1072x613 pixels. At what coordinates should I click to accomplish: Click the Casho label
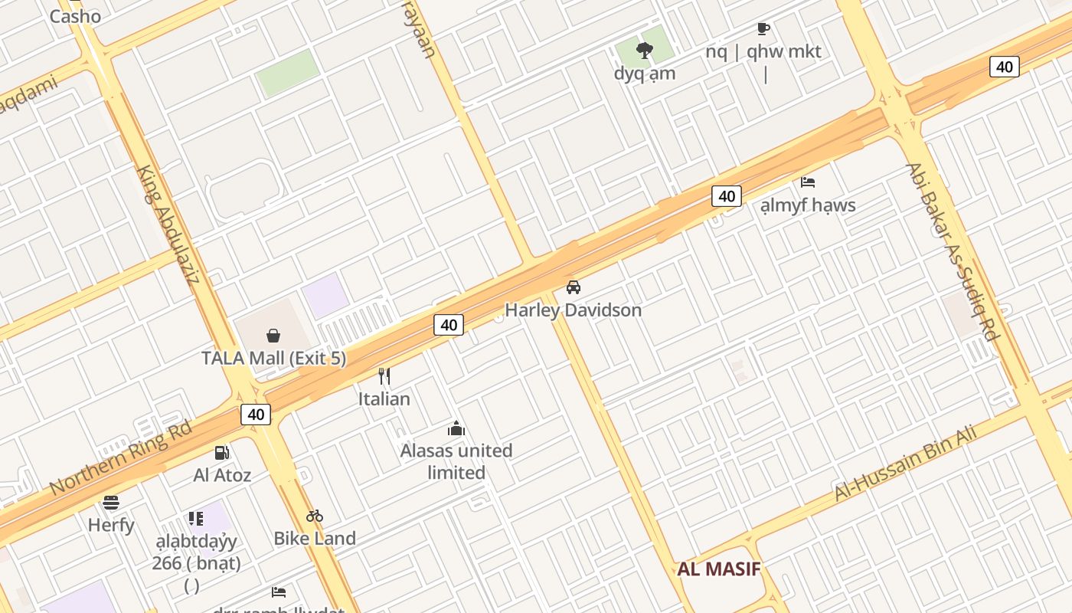click(75, 16)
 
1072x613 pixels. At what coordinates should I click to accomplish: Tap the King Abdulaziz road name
click(168, 224)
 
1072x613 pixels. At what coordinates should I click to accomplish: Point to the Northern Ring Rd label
click(120, 457)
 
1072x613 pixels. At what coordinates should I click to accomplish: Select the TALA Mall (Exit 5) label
click(273, 358)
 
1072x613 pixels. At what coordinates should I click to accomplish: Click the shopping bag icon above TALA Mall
click(273, 336)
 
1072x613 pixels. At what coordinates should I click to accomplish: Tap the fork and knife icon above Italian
click(384, 376)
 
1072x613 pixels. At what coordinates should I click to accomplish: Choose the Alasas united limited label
click(456, 461)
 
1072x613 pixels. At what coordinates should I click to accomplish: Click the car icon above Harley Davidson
click(573, 287)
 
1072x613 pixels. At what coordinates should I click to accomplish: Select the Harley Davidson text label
click(573, 310)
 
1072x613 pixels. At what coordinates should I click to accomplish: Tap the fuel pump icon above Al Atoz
click(222, 453)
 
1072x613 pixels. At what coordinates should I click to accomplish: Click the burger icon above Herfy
click(111, 503)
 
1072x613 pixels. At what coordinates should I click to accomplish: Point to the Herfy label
click(111, 526)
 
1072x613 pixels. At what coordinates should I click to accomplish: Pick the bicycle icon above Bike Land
click(315, 516)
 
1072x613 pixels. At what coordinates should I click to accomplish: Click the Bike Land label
click(315, 539)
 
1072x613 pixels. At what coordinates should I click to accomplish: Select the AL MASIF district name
click(718, 569)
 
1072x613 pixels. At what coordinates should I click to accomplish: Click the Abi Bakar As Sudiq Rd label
click(953, 252)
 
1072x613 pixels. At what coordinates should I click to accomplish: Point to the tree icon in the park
click(645, 51)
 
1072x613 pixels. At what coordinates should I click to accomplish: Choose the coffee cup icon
click(763, 29)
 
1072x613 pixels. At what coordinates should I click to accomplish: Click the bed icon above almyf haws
click(808, 182)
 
